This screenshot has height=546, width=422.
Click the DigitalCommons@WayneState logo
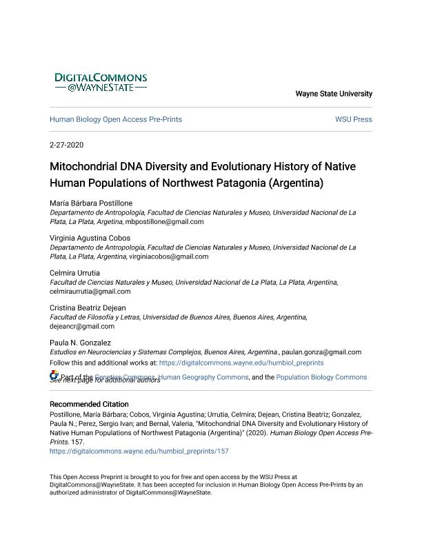coord(101,83)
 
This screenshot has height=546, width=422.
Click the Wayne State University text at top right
coord(334,94)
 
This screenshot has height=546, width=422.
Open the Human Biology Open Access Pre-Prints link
coord(116,119)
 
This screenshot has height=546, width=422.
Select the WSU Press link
coord(353,119)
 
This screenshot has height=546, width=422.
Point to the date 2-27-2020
coord(67,145)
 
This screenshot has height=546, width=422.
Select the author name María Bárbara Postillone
coord(91,203)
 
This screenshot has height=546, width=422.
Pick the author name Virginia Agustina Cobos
coord(90,238)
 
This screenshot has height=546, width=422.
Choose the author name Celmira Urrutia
coord(74,273)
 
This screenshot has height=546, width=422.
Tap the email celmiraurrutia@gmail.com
coord(90,292)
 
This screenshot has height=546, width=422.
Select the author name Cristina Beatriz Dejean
coord(88,307)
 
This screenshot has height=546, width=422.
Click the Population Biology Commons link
coord(322,377)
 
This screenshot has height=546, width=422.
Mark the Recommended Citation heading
coord(89,404)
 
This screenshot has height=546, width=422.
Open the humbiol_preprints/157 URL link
coord(139,452)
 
